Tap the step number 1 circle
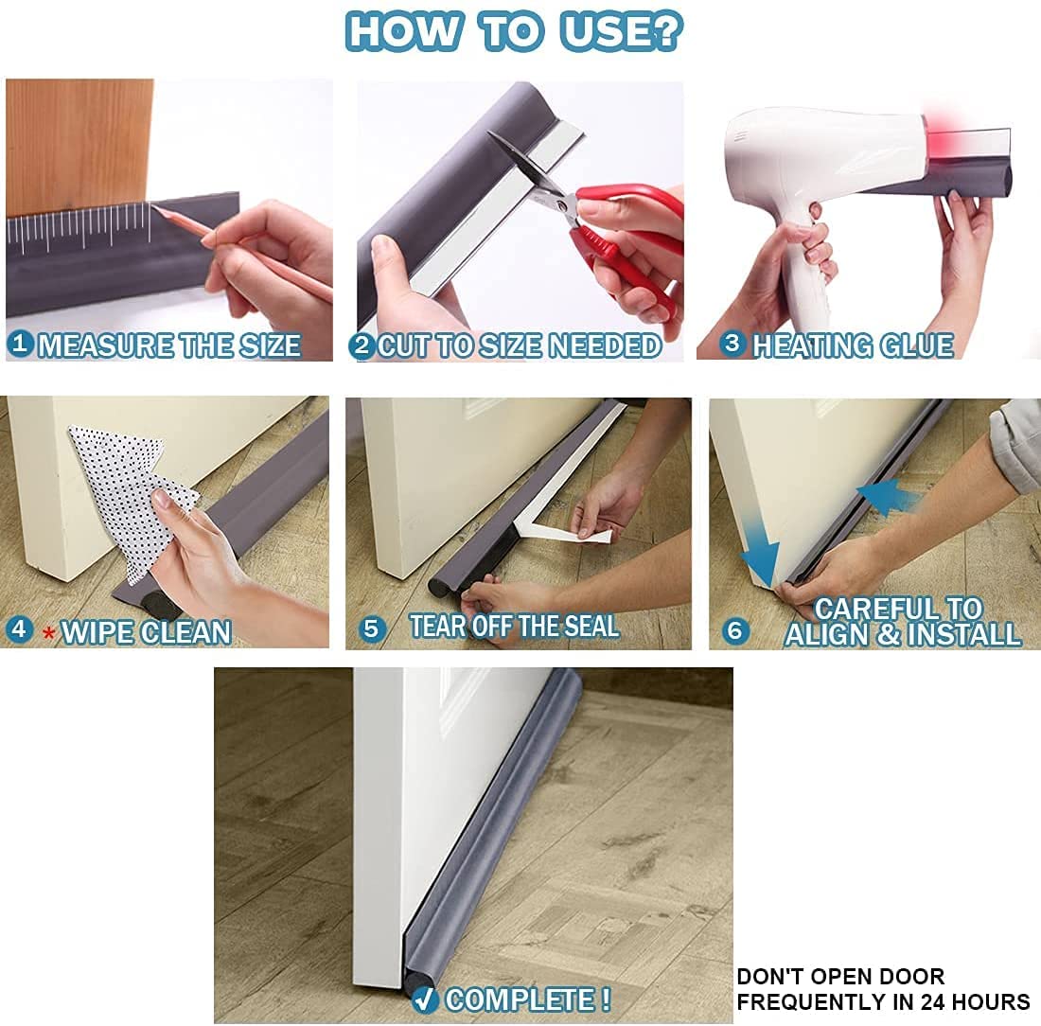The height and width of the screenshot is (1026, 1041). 20,345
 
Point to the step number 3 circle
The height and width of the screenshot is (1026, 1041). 731,343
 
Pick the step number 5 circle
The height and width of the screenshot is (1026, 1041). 374,628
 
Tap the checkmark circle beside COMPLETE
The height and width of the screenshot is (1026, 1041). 424,999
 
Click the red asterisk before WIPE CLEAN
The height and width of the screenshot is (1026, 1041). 48,632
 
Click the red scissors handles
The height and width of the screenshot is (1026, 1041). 629,237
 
